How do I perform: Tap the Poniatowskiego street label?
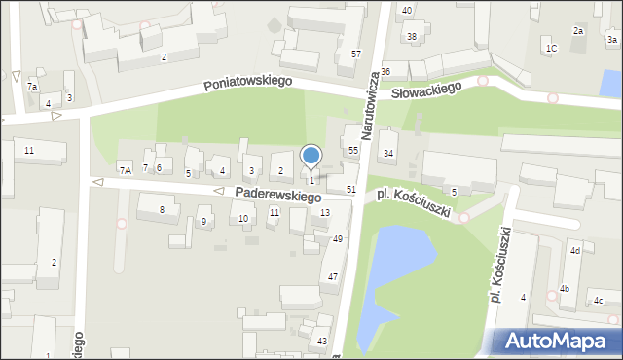click(248, 85)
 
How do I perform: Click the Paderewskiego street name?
click(278, 196)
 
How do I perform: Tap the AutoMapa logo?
click(558, 341)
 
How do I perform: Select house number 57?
click(356, 54)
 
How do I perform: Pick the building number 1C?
click(551, 48)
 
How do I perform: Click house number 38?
click(412, 37)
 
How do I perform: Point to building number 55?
click(353, 151)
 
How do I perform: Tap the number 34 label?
click(388, 153)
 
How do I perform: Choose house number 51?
click(350, 189)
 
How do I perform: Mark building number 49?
click(338, 238)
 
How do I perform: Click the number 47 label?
click(333, 277)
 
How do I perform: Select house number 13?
click(324, 212)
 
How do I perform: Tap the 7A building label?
click(125, 170)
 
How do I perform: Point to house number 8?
click(163, 209)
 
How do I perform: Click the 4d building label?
click(575, 251)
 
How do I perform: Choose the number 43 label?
click(322, 341)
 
